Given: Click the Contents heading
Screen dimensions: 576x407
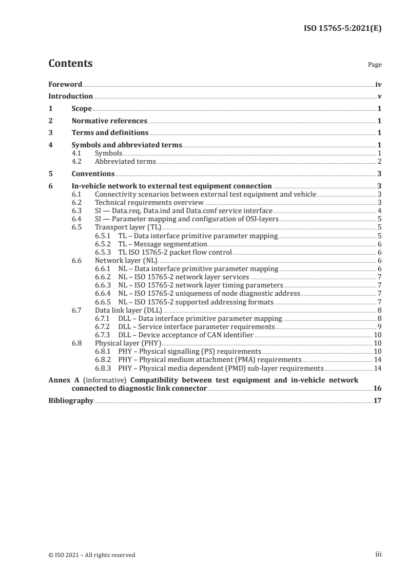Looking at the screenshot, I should pyautogui.click(x=70, y=64).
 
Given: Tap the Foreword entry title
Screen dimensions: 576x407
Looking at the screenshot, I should pyautogui.click(x=65, y=84).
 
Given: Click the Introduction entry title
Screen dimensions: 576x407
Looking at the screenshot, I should pyautogui.click(x=70, y=96).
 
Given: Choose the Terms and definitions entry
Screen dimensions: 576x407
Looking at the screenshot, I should pyautogui.click(x=110, y=133).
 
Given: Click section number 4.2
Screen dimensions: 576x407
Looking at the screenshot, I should pyautogui.click(x=77, y=161).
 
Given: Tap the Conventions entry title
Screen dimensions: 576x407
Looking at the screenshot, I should pyautogui.click(x=93, y=174).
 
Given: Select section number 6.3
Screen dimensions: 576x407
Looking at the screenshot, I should pyautogui.click(x=77, y=210).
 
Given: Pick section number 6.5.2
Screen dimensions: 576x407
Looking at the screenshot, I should pyautogui.click(x=104, y=244).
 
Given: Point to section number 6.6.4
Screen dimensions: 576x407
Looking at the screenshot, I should pyautogui.click(x=104, y=293).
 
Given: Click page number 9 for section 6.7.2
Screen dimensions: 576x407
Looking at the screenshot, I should pyautogui.click(x=379, y=326).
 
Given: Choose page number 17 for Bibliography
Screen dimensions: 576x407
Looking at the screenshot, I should pyautogui.click(x=377, y=401).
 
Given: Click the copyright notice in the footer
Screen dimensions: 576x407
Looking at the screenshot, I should pyautogui.click(x=92, y=554).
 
